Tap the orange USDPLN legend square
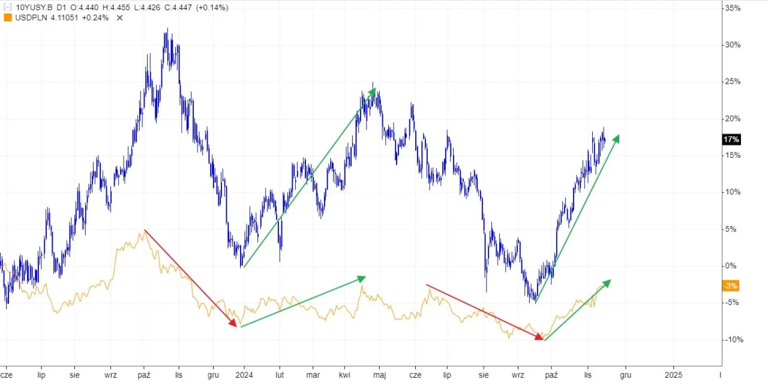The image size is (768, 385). tap(7, 17)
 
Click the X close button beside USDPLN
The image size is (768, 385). tap(119, 17)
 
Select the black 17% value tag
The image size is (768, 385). tap(731, 140)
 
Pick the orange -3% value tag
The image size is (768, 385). tap(730, 286)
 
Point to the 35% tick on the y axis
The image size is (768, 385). tap(733, 8)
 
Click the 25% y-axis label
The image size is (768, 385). tap(733, 82)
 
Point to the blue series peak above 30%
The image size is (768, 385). tap(166, 30)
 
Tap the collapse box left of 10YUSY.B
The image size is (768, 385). tap(7, 7)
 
